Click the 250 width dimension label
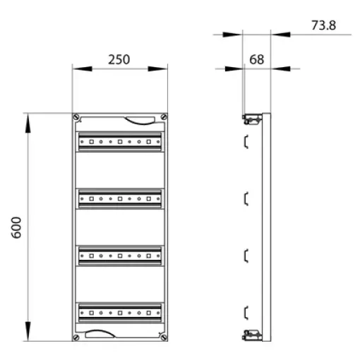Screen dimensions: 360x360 [x=119, y=59]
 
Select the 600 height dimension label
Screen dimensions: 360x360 [x=16, y=227]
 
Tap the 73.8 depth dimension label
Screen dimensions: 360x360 [x=323, y=25]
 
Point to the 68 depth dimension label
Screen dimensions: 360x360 [x=256, y=59]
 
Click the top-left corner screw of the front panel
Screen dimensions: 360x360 [x=76, y=116]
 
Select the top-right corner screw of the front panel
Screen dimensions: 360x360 [x=164, y=116]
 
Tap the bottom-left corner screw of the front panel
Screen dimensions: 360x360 [x=76, y=337]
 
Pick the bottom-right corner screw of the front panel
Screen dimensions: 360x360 [x=164, y=337]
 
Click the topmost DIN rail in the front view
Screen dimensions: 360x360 [x=120, y=142]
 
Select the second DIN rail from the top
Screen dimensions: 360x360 [x=120, y=199]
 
